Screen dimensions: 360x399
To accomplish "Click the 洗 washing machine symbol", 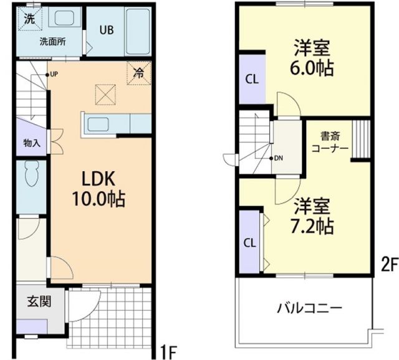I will [29, 18].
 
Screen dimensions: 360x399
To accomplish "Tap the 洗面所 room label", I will [52, 42].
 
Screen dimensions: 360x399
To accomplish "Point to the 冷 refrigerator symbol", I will [138, 72].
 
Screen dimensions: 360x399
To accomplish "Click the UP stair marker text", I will [54, 75].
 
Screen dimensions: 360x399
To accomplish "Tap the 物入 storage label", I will [31, 143].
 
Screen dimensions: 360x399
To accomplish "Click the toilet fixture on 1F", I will [31, 175].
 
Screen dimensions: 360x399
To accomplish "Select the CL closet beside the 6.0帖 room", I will [252, 79].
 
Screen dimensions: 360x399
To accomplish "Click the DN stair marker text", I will [278, 158].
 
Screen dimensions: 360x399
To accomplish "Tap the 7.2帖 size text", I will [312, 225].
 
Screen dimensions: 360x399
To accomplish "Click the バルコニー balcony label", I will [309, 308].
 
